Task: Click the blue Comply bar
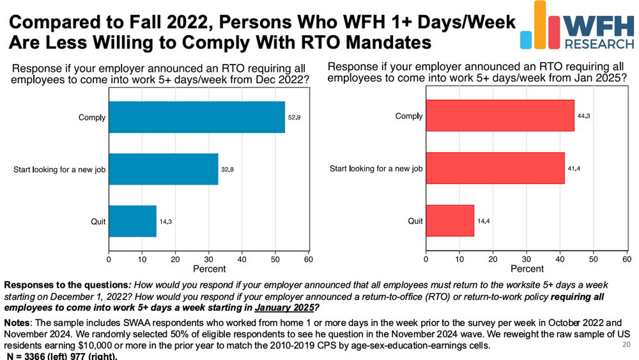[x=197, y=117]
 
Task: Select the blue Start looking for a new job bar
[x=164, y=169]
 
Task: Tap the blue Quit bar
[x=132, y=221]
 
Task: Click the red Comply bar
[x=500, y=116]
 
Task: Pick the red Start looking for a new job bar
[x=495, y=169]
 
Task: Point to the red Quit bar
[x=450, y=221]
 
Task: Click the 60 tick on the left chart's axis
[x=308, y=259]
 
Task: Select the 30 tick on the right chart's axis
[x=526, y=259]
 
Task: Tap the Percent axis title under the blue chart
[x=209, y=269]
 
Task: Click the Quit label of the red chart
[x=415, y=221]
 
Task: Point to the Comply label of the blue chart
[x=92, y=117]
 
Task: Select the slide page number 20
[x=625, y=344]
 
